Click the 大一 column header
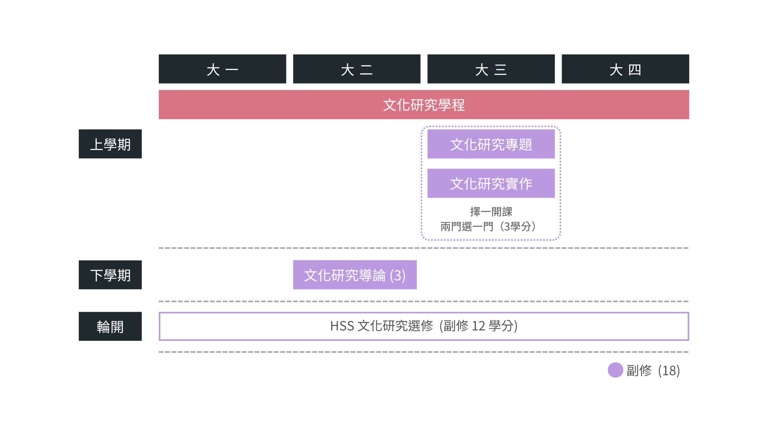(x=222, y=69)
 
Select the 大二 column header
(x=357, y=69)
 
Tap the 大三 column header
(x=491, y=69)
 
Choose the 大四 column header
(x=626, y=69)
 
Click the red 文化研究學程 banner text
(x=424, y=105)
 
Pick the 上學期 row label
(x=110, y=144)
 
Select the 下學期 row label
(x=110, y=275)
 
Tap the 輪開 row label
(x=110, y=326)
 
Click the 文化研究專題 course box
(x=491, y=144)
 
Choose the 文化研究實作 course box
(x=491, y=183)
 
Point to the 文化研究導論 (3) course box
(x=355, y=275)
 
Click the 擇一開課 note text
(x=491, y=212)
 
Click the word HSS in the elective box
(x=342, y=326)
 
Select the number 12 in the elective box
(x=478, y=326)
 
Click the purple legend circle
(x=615, y=370)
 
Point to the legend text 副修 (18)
(x=653, y=370)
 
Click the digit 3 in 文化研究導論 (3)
(x=398, y=275)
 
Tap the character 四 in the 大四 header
(x=635, y=70)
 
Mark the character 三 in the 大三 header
(x=500, y=70)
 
